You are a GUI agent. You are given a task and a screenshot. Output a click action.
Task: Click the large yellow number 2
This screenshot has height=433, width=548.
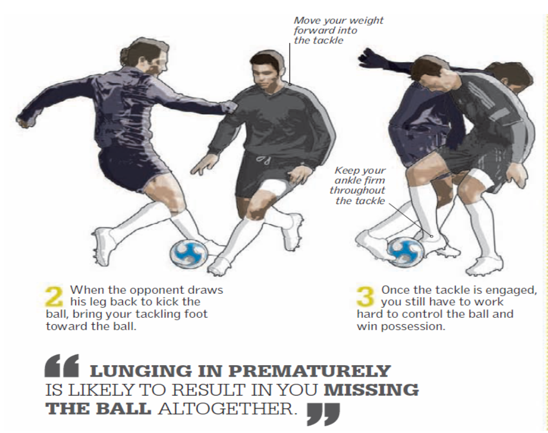tap(54, 297)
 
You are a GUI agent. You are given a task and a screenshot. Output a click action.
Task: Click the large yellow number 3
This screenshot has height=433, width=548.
tap(365, 296)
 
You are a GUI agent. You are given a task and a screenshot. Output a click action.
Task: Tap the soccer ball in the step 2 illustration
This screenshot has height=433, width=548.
tap(189, 253)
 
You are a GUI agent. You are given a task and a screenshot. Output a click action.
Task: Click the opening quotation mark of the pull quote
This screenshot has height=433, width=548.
tap(62, 366)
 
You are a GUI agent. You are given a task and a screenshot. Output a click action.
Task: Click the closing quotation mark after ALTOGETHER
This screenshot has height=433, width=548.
tap(323, 415)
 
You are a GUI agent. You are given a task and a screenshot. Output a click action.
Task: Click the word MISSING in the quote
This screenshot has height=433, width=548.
tap(371, 390)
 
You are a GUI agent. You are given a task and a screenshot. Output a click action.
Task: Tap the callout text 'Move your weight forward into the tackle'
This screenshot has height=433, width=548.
tap(338, 30)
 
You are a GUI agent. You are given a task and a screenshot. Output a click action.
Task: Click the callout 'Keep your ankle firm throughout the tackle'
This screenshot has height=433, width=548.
tap(357, 186)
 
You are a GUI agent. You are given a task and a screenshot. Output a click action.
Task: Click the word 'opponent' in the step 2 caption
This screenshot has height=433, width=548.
tap(143, 290)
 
